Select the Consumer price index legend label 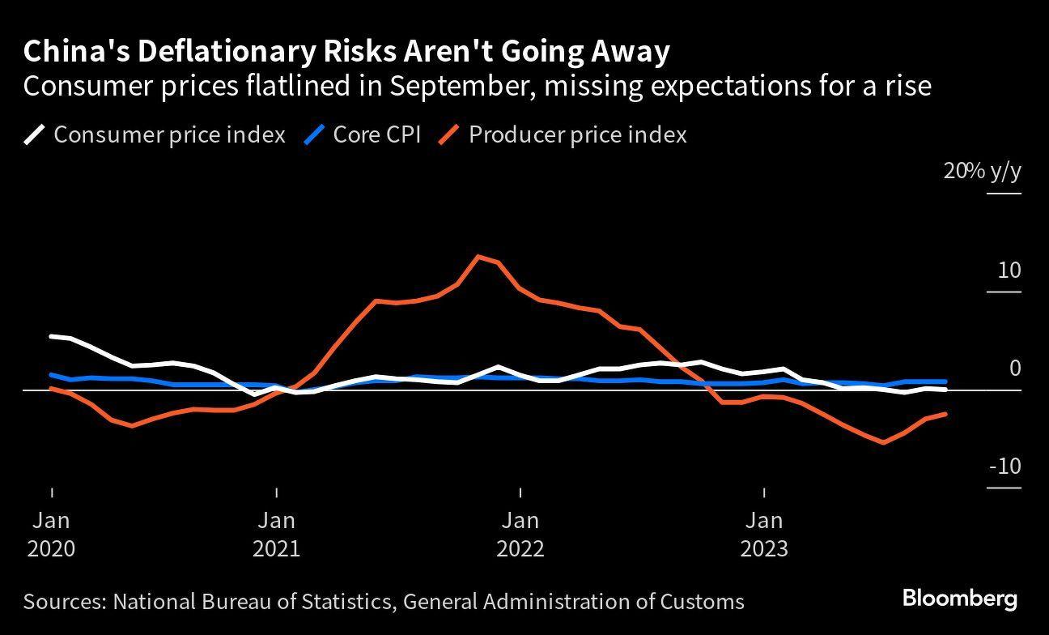point(169,134)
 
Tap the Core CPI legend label point(376,134)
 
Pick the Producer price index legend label point(577,134)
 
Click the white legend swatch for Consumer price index point(35,134)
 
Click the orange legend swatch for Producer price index point(451,134)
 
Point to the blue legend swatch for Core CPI point(315,134)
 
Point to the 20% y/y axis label point(982,172)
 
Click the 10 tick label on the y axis point(1009,271)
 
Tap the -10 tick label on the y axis point(1004,467)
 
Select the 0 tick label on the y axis point(1015,369)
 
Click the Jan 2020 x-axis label point(52,534)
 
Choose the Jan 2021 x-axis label point(277,534)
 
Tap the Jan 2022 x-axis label point(520,534)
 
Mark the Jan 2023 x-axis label point(764,534)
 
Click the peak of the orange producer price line point(478,257)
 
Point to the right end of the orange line point(945,414)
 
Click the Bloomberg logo point(959,599)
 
